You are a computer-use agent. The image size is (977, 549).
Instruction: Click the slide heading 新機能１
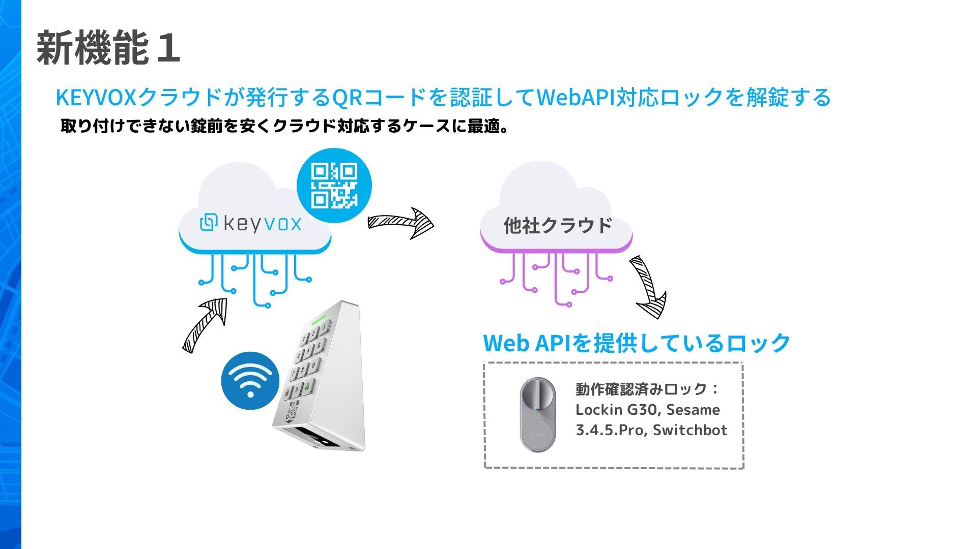(x=108, y=48)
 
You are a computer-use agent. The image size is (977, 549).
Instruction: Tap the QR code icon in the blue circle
(x=334, y=186)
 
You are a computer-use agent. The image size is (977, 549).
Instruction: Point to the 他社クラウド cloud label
(x=558, y=225)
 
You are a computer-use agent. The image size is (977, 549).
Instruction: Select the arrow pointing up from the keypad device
(x=205, y=324)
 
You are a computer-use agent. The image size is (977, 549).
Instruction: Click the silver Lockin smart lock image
(x=538, y=414)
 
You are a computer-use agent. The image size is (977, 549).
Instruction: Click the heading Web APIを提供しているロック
(x=637, y=343)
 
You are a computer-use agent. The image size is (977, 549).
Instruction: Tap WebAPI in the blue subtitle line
(x=576, y=98)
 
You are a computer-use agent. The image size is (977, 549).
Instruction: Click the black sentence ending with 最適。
(x=284, y=126)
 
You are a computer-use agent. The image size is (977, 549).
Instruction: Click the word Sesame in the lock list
(x=693, y=410)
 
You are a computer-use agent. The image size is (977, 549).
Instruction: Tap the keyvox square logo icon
(x=209, y=223)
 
